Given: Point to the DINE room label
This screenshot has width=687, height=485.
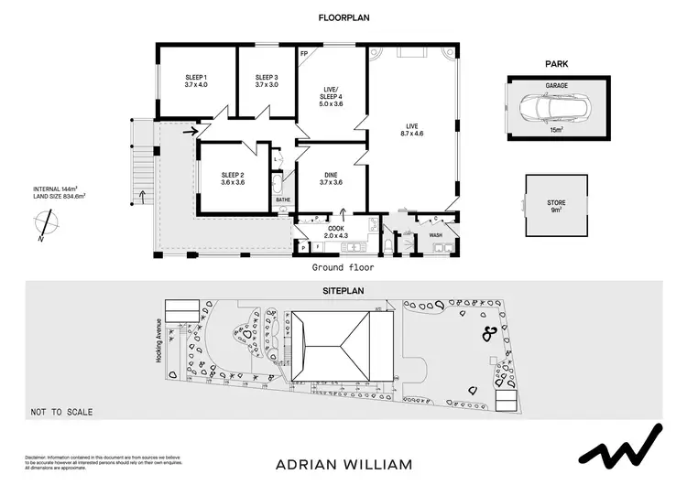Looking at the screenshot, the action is [x=331, y=178].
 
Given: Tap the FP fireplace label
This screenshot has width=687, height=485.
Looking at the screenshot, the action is [x=304, y=54].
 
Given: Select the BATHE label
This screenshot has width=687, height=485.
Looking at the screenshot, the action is [x=283, y=199].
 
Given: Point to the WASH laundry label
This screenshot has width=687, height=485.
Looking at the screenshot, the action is [x=436, y=235].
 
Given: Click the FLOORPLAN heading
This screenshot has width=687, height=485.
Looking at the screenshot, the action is [x=343, y=17].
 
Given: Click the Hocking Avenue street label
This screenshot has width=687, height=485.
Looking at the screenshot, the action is [x=158, y=341].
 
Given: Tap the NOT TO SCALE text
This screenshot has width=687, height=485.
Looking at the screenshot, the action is [x=61, y=413].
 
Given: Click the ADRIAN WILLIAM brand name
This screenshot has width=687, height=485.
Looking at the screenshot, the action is [x=343, y=464].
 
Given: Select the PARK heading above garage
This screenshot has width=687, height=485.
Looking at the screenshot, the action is [x=556, y=64].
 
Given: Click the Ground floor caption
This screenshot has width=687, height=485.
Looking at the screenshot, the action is [x=343, y=268].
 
